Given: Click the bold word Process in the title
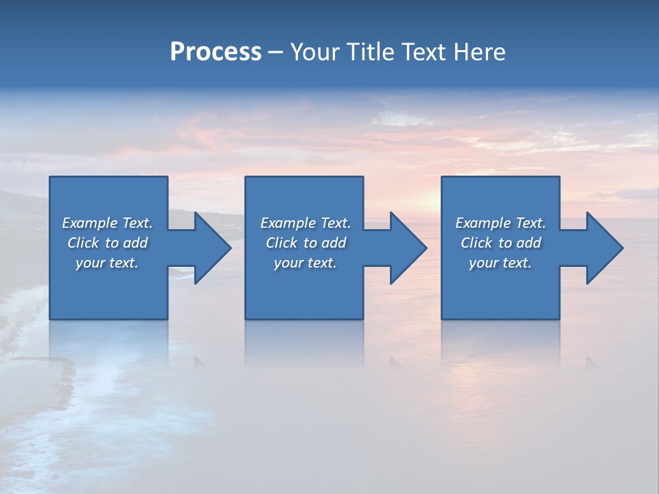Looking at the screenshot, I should [x=216, y=52].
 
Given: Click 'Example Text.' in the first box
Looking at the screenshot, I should [x=107, y=223].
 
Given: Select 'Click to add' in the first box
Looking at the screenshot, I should [x=107, y=243].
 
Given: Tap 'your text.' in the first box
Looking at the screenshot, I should [x=107, y=263].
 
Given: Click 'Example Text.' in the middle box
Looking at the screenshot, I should [x=305, y=223].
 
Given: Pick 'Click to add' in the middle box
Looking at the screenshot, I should [x=305, y=243].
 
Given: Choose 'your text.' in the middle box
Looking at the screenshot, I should [x=305, y=263].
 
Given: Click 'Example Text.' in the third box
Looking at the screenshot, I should [x=500, y=223].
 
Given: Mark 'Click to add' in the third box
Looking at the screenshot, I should [x=500, y=243].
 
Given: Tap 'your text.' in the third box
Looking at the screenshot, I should [x=500, y=263].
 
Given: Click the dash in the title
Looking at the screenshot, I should [x=275, y=53].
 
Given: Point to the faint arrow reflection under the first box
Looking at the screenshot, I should [x=200, y=361].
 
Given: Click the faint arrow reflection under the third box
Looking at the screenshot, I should [x=591, y=361].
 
